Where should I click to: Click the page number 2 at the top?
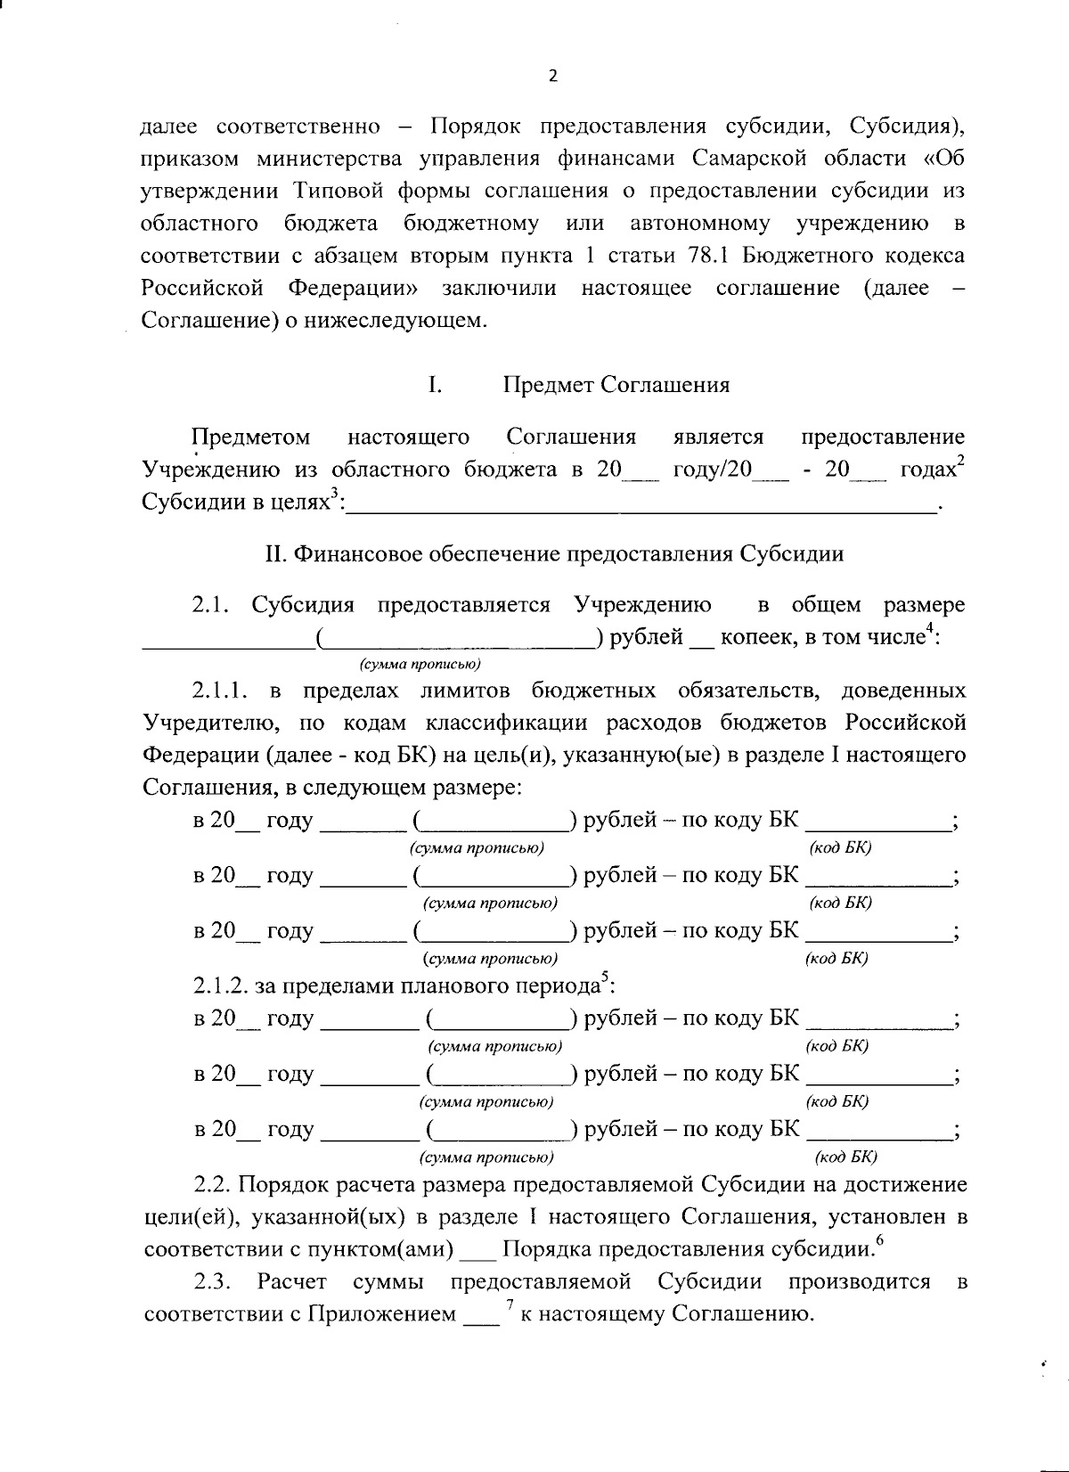coord(551,78)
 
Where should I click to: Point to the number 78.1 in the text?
coord(712,256)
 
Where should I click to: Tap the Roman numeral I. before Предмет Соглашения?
coord(436,385)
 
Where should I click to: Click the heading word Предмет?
coord(548,385)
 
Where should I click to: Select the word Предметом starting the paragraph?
coord(251,437)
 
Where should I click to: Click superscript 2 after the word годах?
coord(961,462)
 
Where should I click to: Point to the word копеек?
coord(758,638)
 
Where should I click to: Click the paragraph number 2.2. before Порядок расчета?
coord(212,1185)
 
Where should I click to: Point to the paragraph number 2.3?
coord(212,1282)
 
